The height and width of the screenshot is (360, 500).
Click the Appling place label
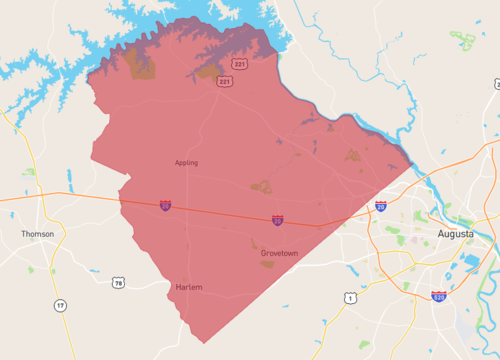(x=186, y=162)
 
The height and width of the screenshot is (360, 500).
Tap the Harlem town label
(x=189, y=287)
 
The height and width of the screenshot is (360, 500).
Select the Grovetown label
(x=279, y=253)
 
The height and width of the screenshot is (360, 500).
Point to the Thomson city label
(x=38, y=234)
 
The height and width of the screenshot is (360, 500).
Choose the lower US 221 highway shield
(x=227, y=81)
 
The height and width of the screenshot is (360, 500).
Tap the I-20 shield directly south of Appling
(x=165, y=206)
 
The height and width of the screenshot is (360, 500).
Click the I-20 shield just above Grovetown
(x=278, y=219)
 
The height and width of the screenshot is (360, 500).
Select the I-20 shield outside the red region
(x=381, y=206)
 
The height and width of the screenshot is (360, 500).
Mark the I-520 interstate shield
(x=438, y=296)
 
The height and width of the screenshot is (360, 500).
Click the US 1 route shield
(x=348, y=298)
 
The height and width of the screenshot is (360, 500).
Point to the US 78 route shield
(x=119, y=284)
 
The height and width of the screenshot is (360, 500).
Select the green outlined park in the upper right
(x=463, y=40)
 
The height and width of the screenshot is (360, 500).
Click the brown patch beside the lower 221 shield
(x=209, y=72)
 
